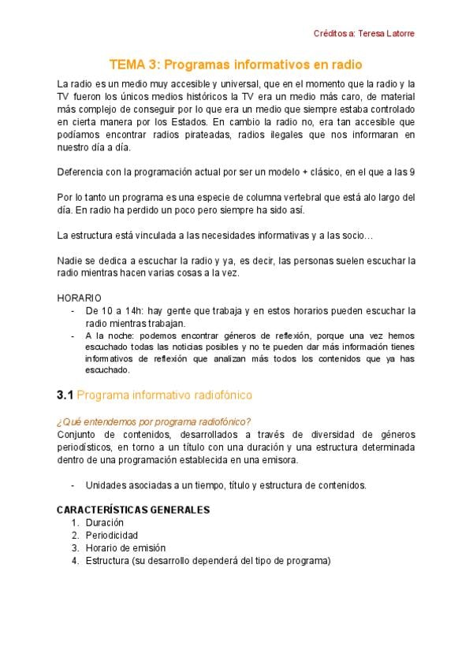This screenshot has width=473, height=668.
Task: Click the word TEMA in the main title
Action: click(x=126, y=65)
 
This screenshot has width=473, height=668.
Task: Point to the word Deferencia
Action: click(x=84, y=173)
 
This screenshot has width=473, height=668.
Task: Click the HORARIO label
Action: click(x=80, y=298)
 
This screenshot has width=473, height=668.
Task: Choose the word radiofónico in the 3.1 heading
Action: click(x=220, y=394)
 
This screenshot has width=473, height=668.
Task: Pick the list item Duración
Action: click(x=105, y=522)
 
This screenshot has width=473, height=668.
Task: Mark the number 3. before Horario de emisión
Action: click(x=76, y=547)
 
